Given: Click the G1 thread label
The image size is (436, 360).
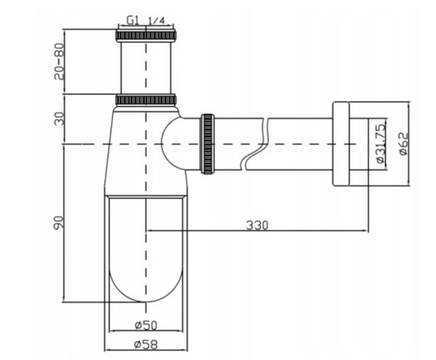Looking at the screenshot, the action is (x=133, y=20).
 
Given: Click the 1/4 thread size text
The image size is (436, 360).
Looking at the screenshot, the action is (x=156, y=21).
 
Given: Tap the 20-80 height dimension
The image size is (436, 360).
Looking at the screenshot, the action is (x=59, y=61).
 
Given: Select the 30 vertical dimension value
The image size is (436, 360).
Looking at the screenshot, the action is (x=59, y=118).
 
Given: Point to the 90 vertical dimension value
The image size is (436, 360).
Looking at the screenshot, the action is (x=59, y=222).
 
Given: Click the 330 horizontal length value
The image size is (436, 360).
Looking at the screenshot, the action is (x=257, y=225).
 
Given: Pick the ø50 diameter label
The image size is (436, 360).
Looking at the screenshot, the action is (x=146, y=325).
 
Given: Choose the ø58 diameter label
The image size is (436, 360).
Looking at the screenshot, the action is (x=146, y=345).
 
